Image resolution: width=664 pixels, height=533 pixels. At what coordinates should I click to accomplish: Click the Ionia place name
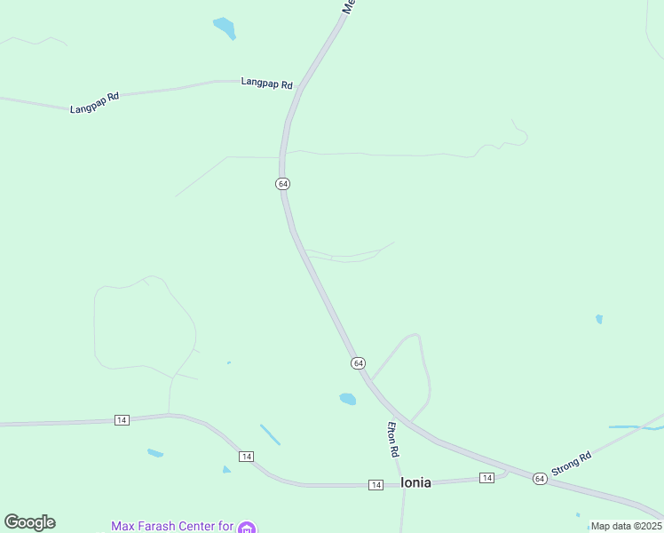click(415, 482)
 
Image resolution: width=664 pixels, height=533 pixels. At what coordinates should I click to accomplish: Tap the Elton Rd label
click(391, 439)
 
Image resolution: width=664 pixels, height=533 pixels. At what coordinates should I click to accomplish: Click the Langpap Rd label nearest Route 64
click(266, 83)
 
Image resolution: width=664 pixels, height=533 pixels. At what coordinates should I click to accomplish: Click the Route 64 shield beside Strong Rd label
click(540, 479)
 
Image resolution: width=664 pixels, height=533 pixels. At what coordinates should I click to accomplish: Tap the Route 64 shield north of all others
click(282, 183)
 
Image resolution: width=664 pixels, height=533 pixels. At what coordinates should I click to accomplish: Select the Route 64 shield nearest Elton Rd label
click(357, 363)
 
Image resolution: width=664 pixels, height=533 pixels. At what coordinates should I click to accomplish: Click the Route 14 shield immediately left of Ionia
click(376, 484)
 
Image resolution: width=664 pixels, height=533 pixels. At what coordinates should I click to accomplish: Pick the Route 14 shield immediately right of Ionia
click(486, 478)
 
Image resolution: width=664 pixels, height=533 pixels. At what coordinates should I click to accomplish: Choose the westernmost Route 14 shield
click(122, 419)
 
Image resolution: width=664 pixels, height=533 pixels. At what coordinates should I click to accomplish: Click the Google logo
click(29, 522)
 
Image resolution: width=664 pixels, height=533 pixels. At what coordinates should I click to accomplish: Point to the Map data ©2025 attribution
click(626, 526)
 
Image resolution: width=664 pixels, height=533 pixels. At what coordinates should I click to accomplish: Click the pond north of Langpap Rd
click(225, 28)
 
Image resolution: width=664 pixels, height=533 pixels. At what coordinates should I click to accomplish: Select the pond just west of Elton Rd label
click(347, 399)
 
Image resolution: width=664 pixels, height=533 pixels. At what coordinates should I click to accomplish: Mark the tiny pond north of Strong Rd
click(599, 319)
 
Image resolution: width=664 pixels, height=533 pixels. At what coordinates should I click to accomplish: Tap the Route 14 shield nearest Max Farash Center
click(246, 456)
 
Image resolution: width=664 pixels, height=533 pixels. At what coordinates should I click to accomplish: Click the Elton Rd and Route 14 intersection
click(402, 483)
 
